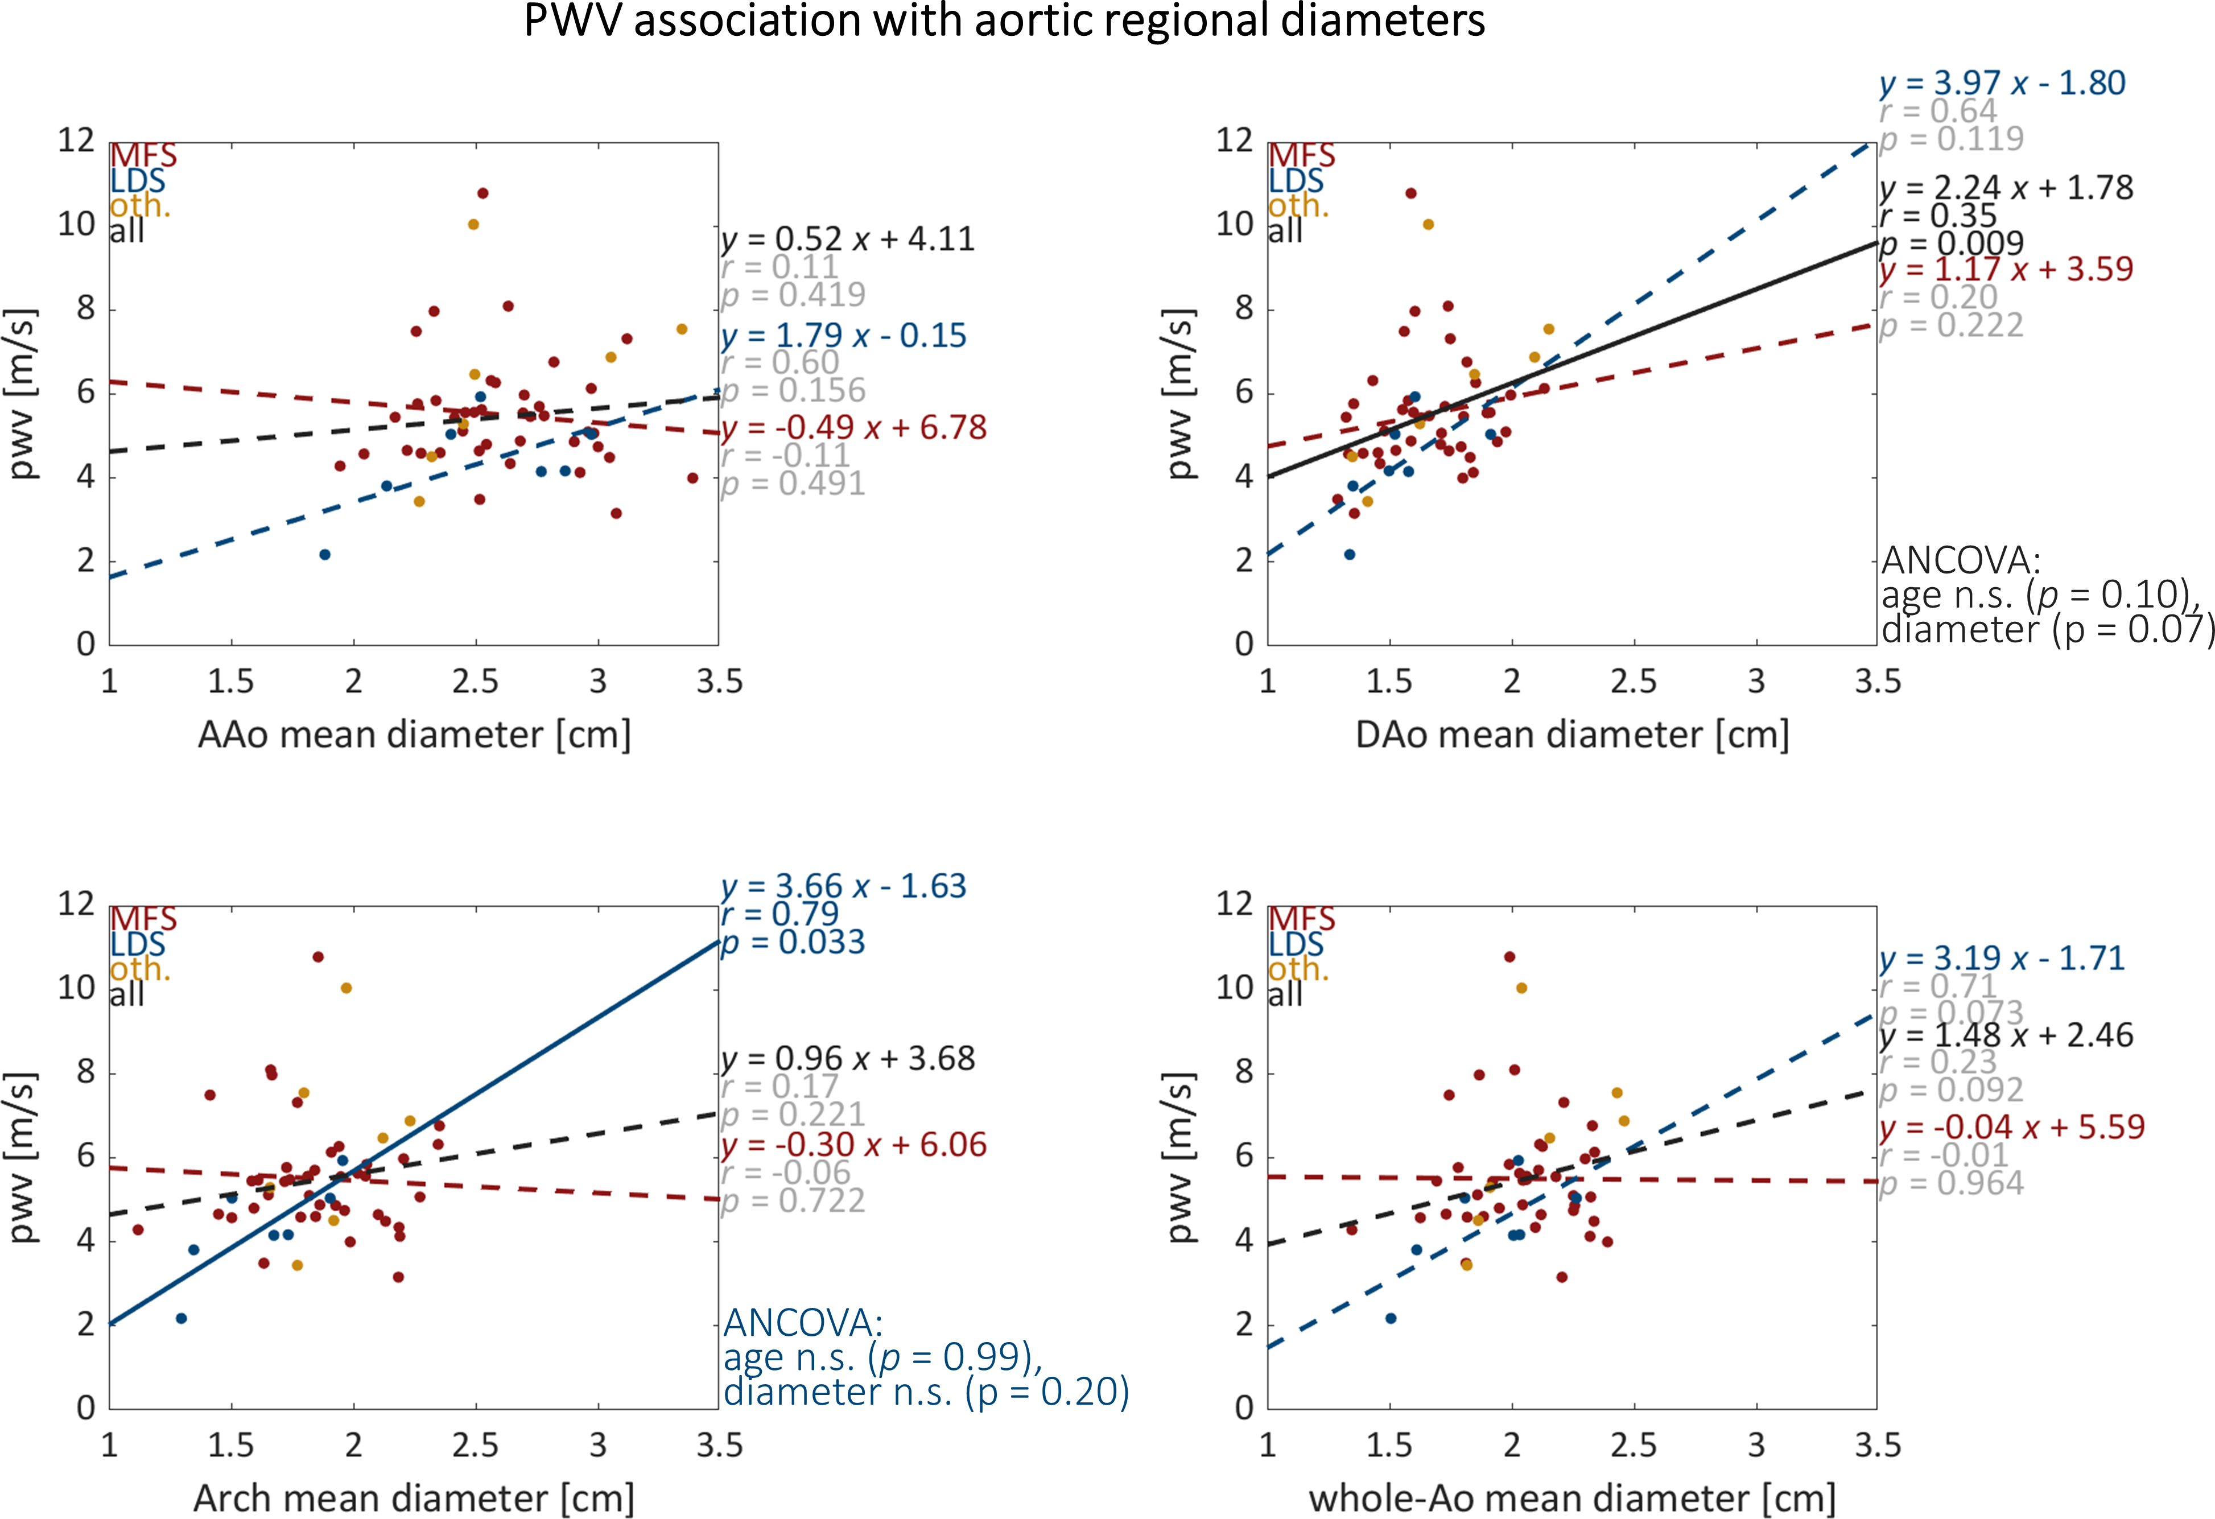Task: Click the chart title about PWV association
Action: click(x=1004, y=21)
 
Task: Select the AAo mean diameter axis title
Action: click(x=414, y=734)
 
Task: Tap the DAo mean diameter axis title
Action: click(x=1571, y=734)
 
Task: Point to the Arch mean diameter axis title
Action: click(x=414, y=1498)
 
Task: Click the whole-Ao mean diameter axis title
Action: click(x=1571, y=1498)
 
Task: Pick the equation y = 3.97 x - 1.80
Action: click(x=2002, y=84)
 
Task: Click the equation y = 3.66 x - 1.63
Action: click(x=843, y=886)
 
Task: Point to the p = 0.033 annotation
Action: click(x=793, y=943)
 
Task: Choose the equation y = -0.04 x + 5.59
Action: click(x=2011, y=1128)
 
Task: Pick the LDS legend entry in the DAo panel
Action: click(x=1296, y=181)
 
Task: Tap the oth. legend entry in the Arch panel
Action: click(x=139, y=969)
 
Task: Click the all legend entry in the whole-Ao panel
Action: click(x=1285, y=995)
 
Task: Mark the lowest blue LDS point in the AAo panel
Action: click(x=325, y=555)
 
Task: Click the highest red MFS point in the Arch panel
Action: click(x=318, y=957)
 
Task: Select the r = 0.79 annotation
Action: click(x=779, y=914)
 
